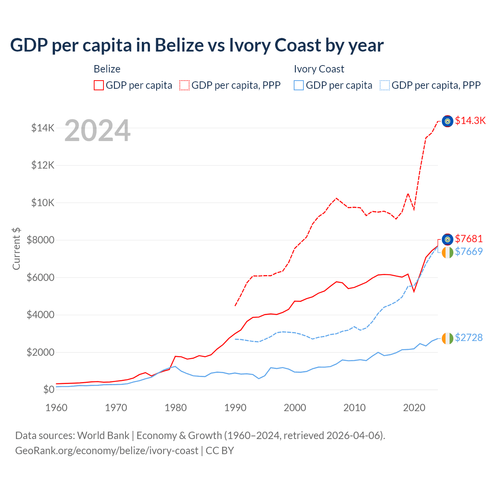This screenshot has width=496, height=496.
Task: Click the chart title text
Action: click(x=197, y=45)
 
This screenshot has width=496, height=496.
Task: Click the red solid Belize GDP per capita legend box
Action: click(x=99, y=85)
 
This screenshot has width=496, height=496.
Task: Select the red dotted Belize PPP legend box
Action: click(x=184, y=85)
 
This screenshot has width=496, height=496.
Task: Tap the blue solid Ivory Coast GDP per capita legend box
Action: click(x=299, y=85)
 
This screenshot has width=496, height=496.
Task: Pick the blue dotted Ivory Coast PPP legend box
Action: click(x=385, y=85)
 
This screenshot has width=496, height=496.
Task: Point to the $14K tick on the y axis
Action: click(x=43, y=128)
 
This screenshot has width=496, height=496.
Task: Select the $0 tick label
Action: click(x=48, y=389)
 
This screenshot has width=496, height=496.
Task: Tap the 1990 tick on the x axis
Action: click(x=235, y=408)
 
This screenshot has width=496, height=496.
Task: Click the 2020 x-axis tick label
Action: click(x=414, y=408)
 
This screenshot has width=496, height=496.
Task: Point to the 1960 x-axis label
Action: click(x=57, y=408)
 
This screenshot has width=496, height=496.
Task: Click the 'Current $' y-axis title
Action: click(x=16, y=248)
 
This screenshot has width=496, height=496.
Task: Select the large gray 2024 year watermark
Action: click(x=97, y=131)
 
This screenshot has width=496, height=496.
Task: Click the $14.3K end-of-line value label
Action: click(x=470, y=121)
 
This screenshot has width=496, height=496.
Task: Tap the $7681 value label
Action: click(x=469, y=239)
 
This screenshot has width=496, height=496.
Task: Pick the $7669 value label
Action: click(x=469, y=251)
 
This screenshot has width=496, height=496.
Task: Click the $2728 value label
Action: click(x=469, y=338)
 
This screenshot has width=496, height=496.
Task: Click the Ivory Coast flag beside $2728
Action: click(x=448, y=338)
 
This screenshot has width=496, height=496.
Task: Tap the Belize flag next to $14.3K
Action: click(x=448, y=121)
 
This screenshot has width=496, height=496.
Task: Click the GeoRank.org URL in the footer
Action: click(x=107, y=451)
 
